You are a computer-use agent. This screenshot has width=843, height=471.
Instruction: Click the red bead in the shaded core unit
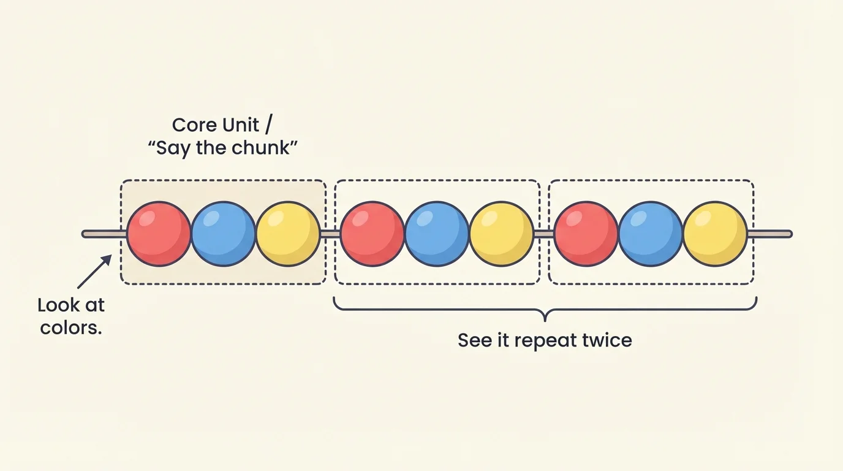tap(159, 234)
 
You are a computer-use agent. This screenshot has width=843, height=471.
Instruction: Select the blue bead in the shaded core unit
tap(223, 234)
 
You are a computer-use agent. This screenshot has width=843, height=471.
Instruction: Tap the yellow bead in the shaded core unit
tap(287, 234)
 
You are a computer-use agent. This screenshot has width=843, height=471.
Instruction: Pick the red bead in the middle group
tap(372, 234)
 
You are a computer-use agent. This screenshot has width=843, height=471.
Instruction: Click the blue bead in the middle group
tap(437, 234)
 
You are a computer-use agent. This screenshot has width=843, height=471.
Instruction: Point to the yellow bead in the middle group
tap(501, 234)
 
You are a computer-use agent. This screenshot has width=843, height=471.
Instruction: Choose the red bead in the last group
tap(586, 234)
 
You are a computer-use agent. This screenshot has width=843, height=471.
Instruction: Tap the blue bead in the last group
tap(650, 234)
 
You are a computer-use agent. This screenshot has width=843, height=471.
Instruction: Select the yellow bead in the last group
tap(714, 234)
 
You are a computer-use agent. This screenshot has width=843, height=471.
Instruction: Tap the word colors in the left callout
tap(71, 327)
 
